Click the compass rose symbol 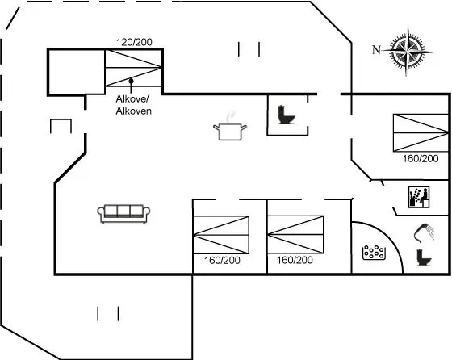click(408, 52)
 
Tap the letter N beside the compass click(376, 50)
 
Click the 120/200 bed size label click(134, 42)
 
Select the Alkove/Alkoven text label click(133, 105)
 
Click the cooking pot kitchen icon click(230, 128)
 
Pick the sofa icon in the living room click(123, 214)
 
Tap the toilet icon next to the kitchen click(286, 115)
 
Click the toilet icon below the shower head click(424, 257)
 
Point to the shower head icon click(424, 232)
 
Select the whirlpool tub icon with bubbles click(374, 253)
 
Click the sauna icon click(419, 197)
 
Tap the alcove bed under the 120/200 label click(133, 68)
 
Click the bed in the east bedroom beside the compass click(421, 133)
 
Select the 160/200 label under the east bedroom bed click(421, 158)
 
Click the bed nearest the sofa click(221, 235)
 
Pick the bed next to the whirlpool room click(295, 235)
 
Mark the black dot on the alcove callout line click(131, 81)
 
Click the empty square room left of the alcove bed click(77, 72)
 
